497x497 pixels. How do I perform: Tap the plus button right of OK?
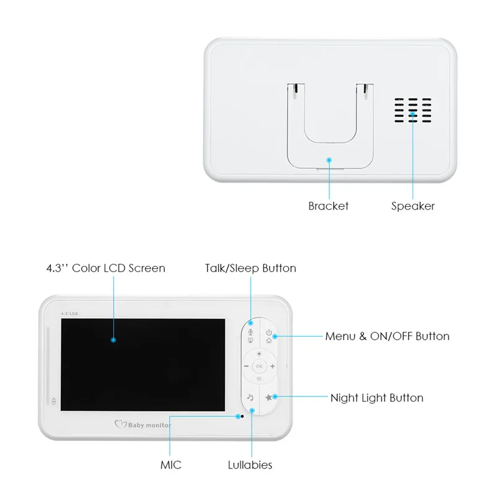pos(272,367)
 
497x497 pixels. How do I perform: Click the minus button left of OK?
pos(246,367)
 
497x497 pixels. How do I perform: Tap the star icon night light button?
pos(268,397)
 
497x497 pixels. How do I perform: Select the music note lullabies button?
pos(250,397)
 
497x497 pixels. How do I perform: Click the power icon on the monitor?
pos(268,332)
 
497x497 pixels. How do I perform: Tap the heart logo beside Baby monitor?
pos(121,425)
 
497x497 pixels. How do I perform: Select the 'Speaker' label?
pos(413,206)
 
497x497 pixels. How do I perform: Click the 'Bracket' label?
pos(328,206)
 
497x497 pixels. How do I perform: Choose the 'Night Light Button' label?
pos(376,398)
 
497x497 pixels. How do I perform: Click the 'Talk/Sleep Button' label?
pos(250,268)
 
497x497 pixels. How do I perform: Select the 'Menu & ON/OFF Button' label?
pos(387,336)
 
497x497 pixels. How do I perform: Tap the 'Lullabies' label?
pos(250,465)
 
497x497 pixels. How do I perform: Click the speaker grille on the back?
pos(411,110)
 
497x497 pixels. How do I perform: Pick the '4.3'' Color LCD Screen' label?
pos(106,268)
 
